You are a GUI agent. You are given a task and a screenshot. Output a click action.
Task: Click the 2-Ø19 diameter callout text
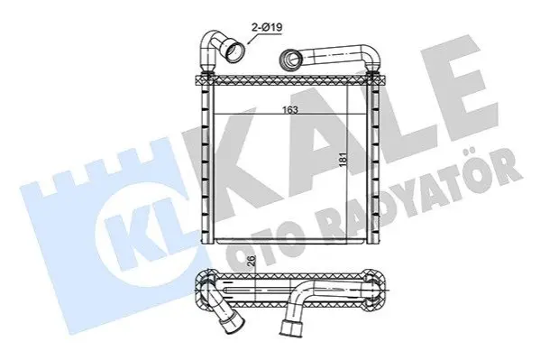coord(267,28)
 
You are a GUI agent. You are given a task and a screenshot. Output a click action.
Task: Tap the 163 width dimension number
coord(289,110)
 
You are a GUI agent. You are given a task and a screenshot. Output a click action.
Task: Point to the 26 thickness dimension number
coord(252,261)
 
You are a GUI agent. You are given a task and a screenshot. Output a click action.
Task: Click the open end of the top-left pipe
coord(233,52)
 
